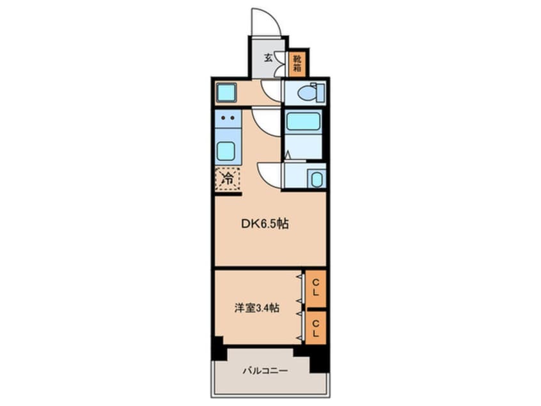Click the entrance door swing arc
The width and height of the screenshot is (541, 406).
(265, 22)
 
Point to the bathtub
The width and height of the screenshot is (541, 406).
(303, 121)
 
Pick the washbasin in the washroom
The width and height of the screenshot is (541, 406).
(315, 179)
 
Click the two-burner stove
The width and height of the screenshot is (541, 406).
(226, 118)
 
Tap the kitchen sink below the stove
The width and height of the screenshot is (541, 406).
(226, 151)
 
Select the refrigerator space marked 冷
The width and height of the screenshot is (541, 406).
(227, 179)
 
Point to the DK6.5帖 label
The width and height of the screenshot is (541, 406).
(264, 224)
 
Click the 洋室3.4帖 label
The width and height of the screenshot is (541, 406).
(256, 307)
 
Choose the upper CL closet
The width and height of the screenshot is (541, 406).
(315, 288)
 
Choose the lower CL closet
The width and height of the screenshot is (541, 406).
(315, 327)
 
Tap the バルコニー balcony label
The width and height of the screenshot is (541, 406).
(265, 371)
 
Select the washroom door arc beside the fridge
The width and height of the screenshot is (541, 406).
(269, 175)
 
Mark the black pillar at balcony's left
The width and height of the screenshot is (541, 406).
(219, 349)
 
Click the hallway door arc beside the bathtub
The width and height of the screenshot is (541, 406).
(267, 121)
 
